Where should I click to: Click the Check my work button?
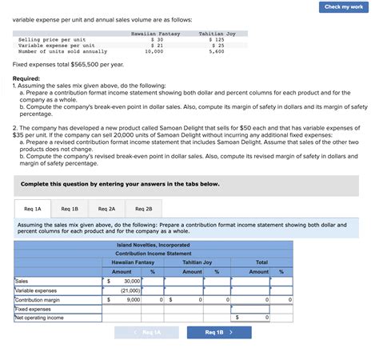[x=344, y=6]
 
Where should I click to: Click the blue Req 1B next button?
[x=218, y=332]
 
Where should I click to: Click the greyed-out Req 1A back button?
[x=146, y=332]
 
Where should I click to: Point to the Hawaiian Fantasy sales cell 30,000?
[x=127, y=282]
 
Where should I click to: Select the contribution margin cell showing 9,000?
[x=127, y=299]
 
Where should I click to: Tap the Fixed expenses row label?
[x=34, y=308]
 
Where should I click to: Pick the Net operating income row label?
[x=39, y=317]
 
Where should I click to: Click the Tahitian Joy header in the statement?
[x=197, y=262]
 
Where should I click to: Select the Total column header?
[x=261, y=262]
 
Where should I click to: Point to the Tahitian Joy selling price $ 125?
[x=216, y=39]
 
